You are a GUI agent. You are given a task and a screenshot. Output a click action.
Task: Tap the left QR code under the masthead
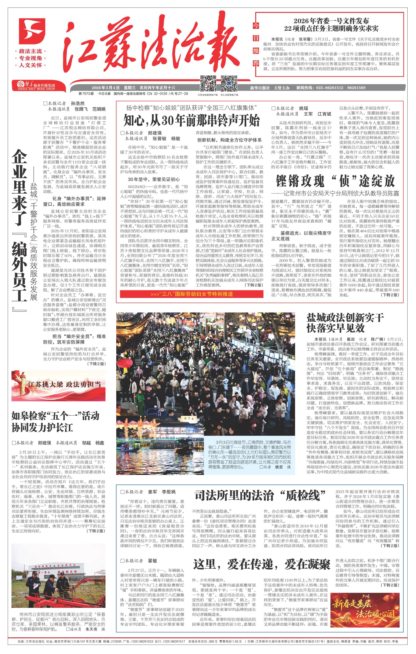tap(208, 84)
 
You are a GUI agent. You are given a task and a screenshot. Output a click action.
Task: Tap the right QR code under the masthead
tap(229, 84)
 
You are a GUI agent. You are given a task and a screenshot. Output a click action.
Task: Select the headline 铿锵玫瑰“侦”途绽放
tap(335, 181)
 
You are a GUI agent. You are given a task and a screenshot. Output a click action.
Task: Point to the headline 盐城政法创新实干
tap(345, 317)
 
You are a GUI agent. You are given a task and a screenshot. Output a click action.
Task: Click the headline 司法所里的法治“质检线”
tap(260, 496)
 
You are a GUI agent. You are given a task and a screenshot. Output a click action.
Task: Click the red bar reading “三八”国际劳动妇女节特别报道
tap(191, 294)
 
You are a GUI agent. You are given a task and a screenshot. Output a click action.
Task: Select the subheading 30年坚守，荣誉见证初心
tap(154, 179)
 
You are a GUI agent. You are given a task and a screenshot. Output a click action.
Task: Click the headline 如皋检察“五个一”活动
tap(55, 416)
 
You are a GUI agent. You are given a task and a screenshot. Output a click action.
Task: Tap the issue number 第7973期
tap(86, 94)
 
